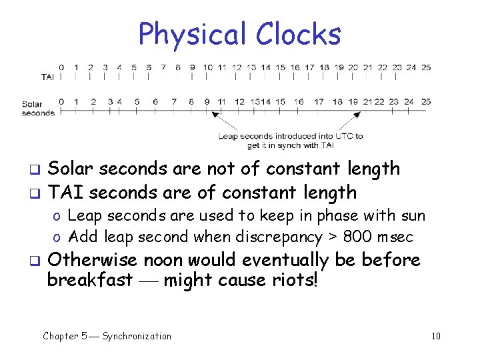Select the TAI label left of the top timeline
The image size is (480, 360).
point(47,77)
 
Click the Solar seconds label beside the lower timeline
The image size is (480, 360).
point(38,109)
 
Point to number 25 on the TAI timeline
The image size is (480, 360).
point(426,67)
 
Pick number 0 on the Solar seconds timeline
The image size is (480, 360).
point(61,102)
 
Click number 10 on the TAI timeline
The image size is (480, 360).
point(207,67)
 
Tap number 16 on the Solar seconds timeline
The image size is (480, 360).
point(299,102)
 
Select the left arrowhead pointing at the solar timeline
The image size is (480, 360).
point(215,115)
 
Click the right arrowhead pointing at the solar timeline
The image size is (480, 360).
point(357,115)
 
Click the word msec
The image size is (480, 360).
point(396,237)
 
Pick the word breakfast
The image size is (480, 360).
point(89,280)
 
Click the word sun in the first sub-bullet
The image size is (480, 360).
point(412,216)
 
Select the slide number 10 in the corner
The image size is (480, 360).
point(436,336)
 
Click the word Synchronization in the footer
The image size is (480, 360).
point(137,336)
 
